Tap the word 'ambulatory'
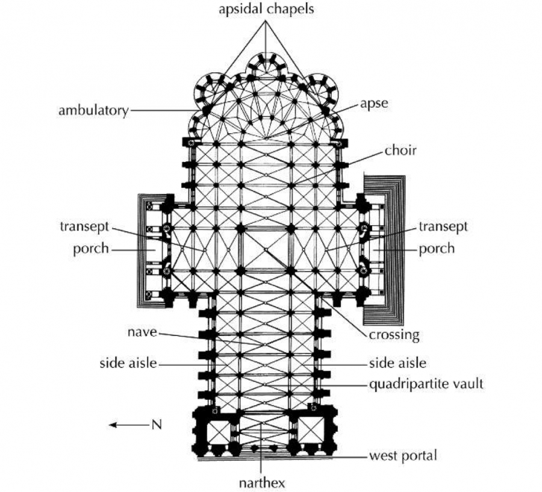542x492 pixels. pyautogui.click(x=93, y=111)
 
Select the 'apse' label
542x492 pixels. pyautogui.click(x=374, y=104)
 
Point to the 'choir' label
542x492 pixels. pyautogui.click(x=400, y=151)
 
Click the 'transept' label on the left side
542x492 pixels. pyautogui.click(x=84, y=227)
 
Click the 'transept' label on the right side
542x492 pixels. pyautogui.click(x=443, y=227)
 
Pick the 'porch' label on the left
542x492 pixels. pyautogui.click(x=91, y=249)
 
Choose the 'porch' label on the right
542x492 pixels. pyautogui.click(x=437, y=249)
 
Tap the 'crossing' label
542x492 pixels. pyautogui.click(x=394, y=335)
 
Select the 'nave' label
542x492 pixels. pyautogui.click(x=142, y=332)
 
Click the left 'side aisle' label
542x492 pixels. pyautogui.click(x=128, y=363)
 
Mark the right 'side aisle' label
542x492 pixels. pyautogui.click(x=397, y=363)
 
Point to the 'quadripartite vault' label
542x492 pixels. pyautogui.click(x=426, y=384)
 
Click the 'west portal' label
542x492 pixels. pyautogui.click(x=403, y=455)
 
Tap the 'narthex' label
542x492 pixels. pyautogui.click(x=262, y=483)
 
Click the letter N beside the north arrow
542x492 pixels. pyautogui.click(x=157, y=425)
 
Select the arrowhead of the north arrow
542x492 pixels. pyautogui.click(x=113, y=425)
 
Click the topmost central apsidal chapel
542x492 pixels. pyautogui.click(x=266, y=66)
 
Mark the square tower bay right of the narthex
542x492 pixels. pyautogui.click(x=311, y=429)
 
